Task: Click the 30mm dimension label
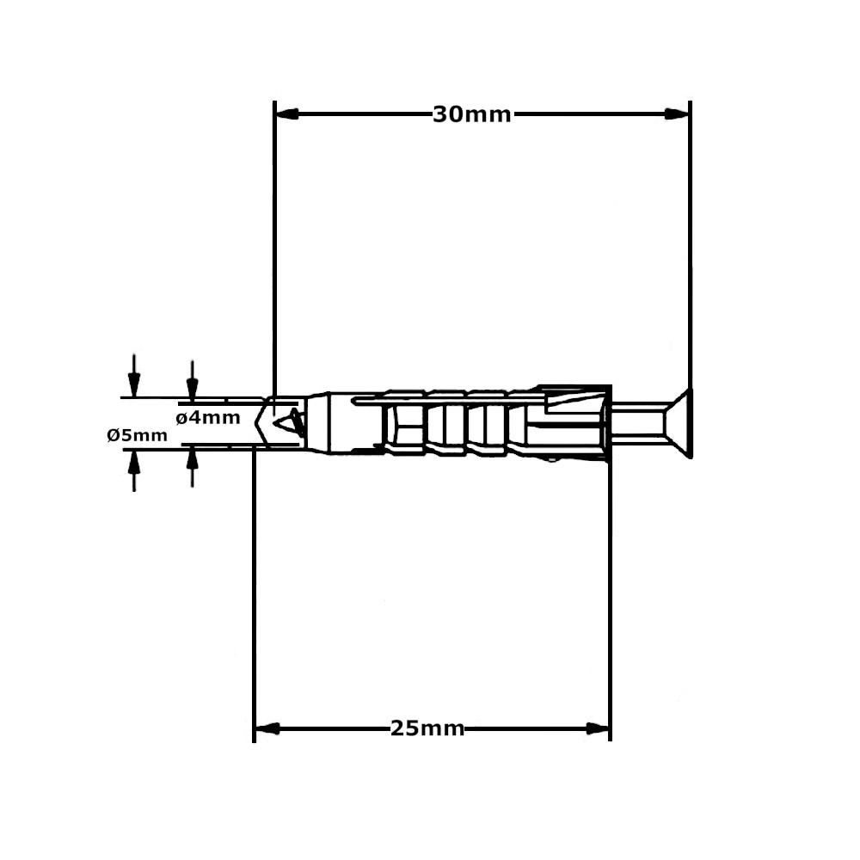click(471, 114)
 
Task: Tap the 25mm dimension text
click(427, 729)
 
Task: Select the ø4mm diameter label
click(207, 419)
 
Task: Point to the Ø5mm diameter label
click(138, 435)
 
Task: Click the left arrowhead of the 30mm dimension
click(286, 114)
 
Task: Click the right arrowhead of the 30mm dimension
click(678, 114)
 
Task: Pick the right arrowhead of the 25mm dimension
click(597, 729)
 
